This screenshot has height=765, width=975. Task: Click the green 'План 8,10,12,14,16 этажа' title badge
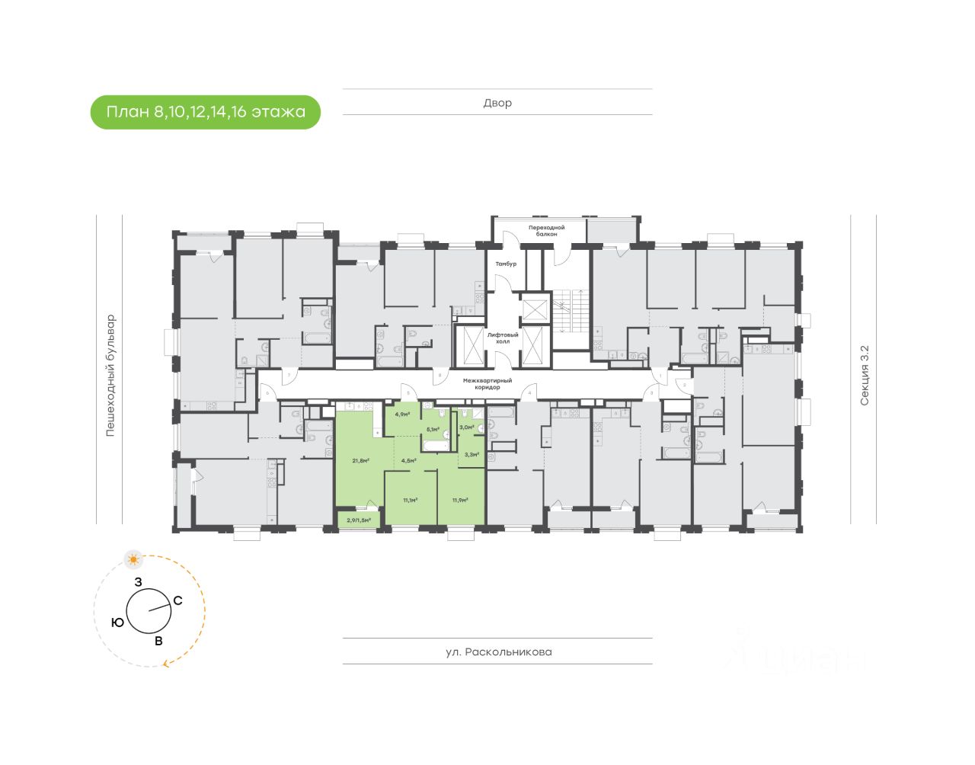coord(206,112)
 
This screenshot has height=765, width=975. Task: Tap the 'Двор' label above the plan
coord(497,103)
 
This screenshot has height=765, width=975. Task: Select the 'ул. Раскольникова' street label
coord(498,652)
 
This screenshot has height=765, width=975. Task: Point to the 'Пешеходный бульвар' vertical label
coord(110,376)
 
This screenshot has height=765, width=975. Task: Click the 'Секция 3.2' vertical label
coord(864,375)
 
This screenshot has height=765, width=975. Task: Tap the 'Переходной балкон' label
coord(546,230)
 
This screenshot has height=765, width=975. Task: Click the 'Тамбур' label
coord(506,264)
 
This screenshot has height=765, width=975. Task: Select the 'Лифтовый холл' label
coord(503,338)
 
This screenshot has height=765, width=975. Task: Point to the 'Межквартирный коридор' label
coord(487,383)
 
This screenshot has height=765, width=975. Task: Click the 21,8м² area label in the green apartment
coord(360,460)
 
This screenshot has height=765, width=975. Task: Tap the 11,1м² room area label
coord(410,501)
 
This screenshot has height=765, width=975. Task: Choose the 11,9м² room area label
coord(459,501)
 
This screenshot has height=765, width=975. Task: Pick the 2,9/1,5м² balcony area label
coord(359,520)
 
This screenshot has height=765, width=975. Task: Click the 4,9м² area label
coord(402,415)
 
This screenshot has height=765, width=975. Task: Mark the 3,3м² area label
coord(471,454)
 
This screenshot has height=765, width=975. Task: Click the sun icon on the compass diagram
coord(134,560)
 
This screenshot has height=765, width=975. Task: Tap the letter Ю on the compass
coord(117,623)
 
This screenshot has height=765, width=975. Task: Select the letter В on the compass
coord(158,641)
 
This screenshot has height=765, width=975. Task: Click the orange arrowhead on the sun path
coord(166,664)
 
